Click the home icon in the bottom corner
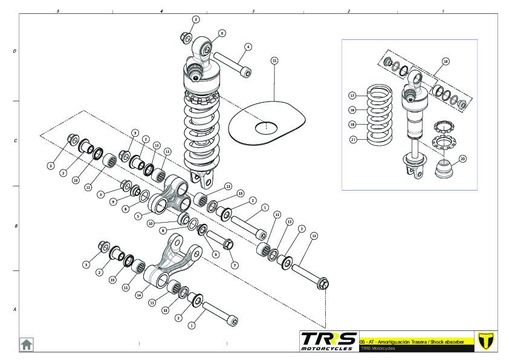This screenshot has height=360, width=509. click(26, 344)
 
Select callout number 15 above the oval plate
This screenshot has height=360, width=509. click(274, 61)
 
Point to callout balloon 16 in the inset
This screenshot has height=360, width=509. click(446, 61)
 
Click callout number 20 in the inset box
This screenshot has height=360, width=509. click(463, 159)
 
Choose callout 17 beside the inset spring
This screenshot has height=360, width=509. click(351, 96)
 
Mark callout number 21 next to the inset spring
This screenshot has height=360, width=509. click(351, 139)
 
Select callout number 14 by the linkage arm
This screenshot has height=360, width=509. click(139, 295)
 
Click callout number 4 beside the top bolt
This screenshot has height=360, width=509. click(248, 47)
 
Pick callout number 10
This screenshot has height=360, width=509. click(150, 223)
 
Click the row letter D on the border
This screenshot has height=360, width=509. click(15, 51)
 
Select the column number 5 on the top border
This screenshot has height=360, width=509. click(57, 11)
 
